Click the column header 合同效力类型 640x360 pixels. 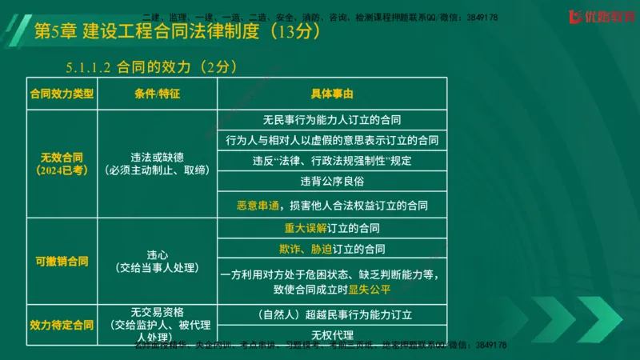coord(62,94)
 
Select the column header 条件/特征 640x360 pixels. coord(157,94)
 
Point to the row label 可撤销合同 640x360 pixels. coord(62,261)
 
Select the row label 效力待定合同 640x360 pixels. coord(62,326)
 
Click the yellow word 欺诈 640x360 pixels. coord(290,249)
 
